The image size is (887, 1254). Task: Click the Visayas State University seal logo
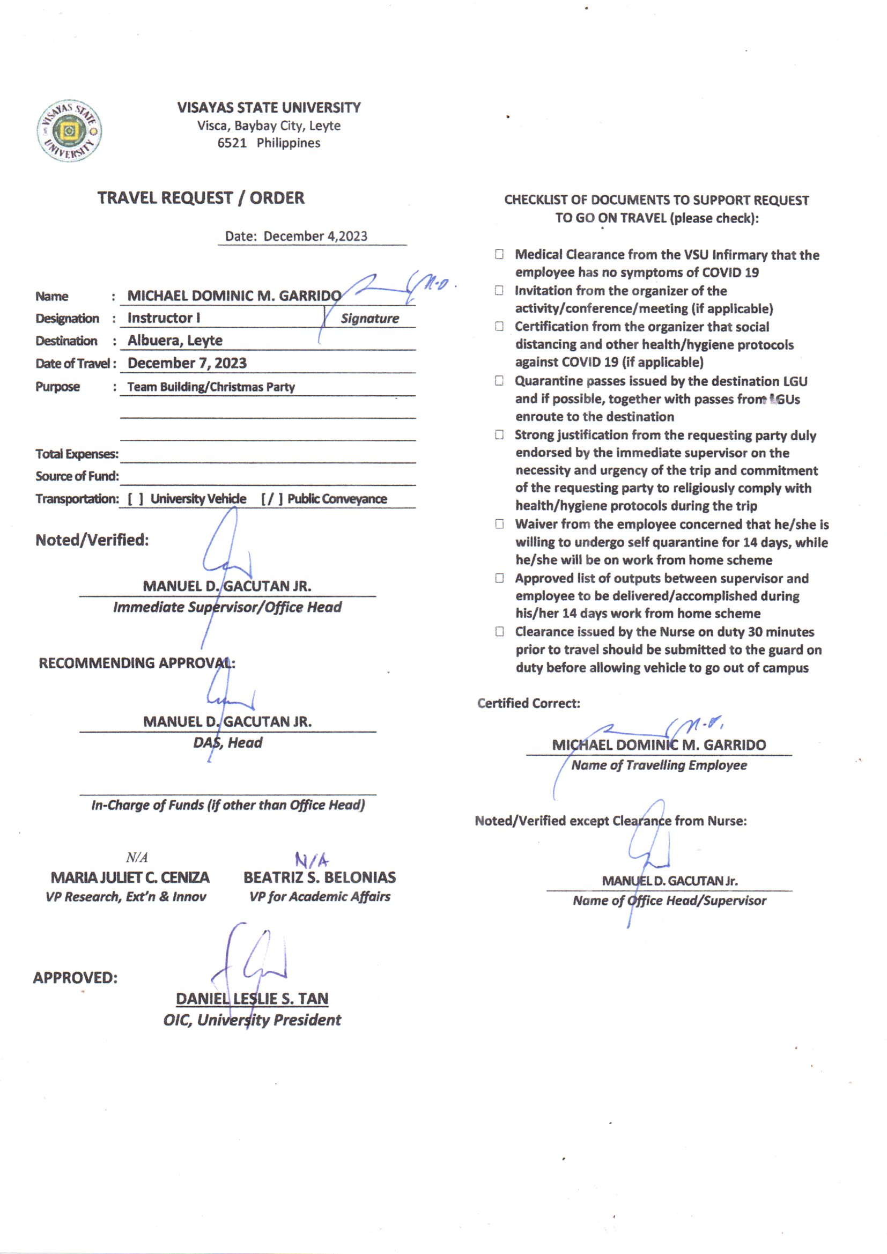click(x=69, y=131)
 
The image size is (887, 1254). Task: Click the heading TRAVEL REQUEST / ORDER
click(x=201, y=198)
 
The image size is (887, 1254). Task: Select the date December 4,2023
click(x=315, y=237)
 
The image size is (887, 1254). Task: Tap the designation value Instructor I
click(x=164, y=318)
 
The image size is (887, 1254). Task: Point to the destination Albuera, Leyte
click(x=175, y=341)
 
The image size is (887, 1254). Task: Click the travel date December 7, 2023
click(x=187, y=363)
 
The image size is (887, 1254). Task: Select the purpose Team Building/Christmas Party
click(x=211, y=387)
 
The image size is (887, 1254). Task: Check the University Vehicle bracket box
click(x=136, y=499)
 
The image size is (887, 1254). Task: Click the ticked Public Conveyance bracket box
click(x=272, y=499)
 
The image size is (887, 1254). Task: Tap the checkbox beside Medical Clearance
click(x=499, y=255)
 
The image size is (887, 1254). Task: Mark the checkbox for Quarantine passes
click(x=499, y=381)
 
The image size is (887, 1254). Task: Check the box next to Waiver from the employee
click(x=499, y=525)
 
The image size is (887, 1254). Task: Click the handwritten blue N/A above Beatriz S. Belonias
click(x=312, y=861)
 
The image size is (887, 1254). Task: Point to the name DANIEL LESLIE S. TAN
click(x=252, y=998)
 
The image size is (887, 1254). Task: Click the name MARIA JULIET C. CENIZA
click(x=130, y=877)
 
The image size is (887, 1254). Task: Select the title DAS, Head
click(x=228, y=743)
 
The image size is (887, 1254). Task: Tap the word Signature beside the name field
click(x=370, y=319)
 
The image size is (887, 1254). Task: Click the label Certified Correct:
click(x=528, y=704)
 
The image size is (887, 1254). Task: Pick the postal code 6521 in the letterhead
click(x=232, y=143)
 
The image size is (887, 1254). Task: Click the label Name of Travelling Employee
click(x=659, y=765)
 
